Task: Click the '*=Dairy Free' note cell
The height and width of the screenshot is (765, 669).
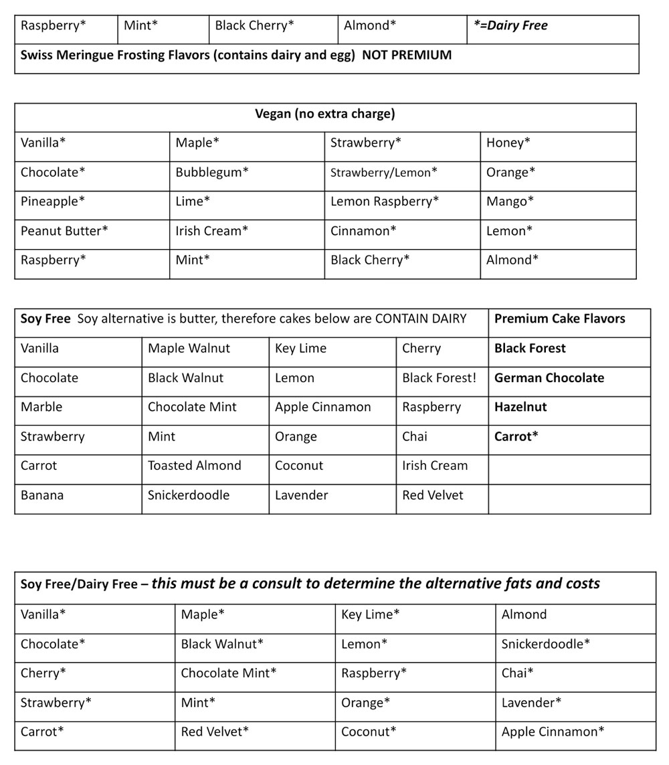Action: click(x=510, y=26)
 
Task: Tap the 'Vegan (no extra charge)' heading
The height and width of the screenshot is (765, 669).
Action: click(x=325, y=114)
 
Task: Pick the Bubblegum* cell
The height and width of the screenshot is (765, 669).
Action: click(x=212, y=172)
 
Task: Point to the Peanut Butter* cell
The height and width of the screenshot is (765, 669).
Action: click(x=64, y=231)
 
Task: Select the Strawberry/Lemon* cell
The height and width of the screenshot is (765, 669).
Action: click(x=384, y=173)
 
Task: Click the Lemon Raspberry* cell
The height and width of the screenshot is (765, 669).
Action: click(x=385, y=201)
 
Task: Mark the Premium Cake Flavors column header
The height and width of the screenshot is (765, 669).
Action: click(x=560, y=319)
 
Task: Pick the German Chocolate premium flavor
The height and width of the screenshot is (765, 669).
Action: click(x=549, y=377)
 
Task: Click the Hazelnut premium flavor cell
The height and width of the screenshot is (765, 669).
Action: click(x=520, y=407)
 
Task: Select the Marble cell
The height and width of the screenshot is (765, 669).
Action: click(x=41, y=407)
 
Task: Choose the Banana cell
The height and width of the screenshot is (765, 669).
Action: click(x=42, y=495)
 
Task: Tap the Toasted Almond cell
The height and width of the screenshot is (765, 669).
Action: click(x=195, y=466)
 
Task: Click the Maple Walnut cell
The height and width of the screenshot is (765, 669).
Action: click(x=189, y=348)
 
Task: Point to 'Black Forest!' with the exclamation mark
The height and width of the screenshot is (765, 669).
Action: click(x=440, y=377)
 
